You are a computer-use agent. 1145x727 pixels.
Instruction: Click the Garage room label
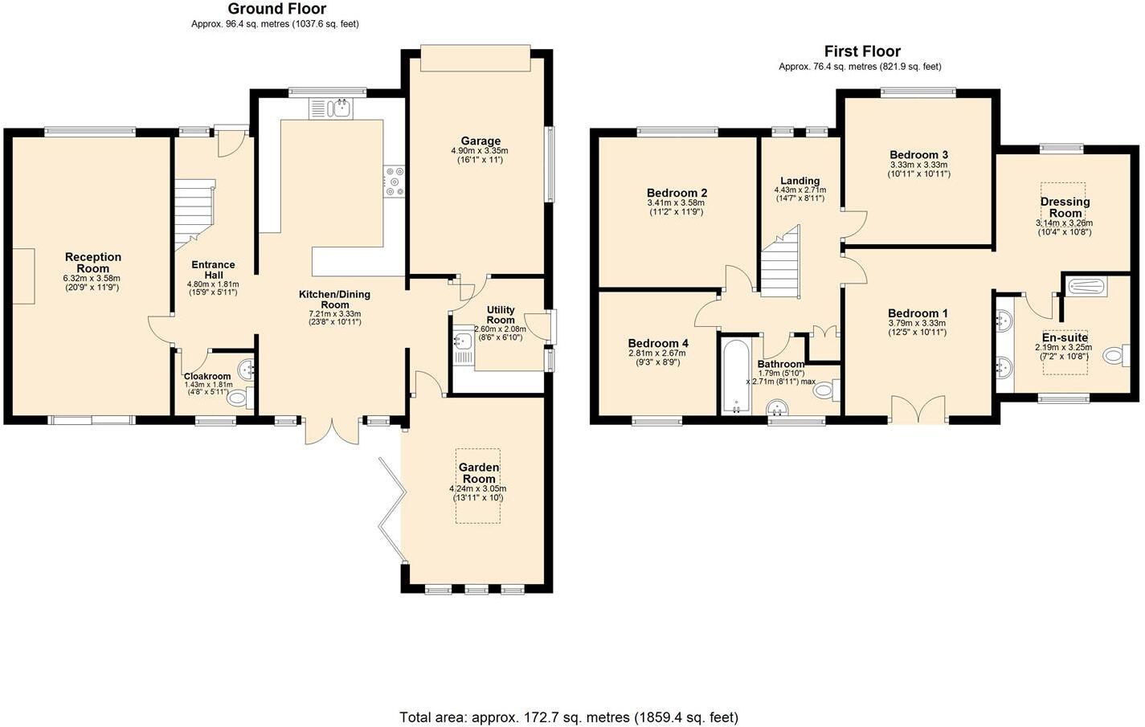click(x=480, y=141)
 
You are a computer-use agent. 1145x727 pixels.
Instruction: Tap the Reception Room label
click(x=93, y=263)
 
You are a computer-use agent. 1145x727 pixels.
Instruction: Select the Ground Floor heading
click(x=276, y=9)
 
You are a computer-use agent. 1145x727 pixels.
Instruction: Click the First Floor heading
click(x=862, y=51)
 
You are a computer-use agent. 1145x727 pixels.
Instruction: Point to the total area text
click(x=568, y=717)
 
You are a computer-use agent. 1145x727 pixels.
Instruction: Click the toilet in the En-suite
click(x=1116, y=355)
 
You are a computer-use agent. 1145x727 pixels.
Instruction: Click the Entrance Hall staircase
click(x=194, y=214)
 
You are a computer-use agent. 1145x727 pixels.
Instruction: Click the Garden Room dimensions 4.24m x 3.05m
click(x=478, y=488)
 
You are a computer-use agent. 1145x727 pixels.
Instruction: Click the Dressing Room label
click(x=1065, y=207)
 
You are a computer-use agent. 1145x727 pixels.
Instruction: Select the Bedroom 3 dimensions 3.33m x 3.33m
click(x=918, y=165)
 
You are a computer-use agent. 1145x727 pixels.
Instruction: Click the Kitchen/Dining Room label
click(x=335, y=300)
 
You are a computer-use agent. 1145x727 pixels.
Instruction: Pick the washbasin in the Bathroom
click(x=778, y=408)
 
